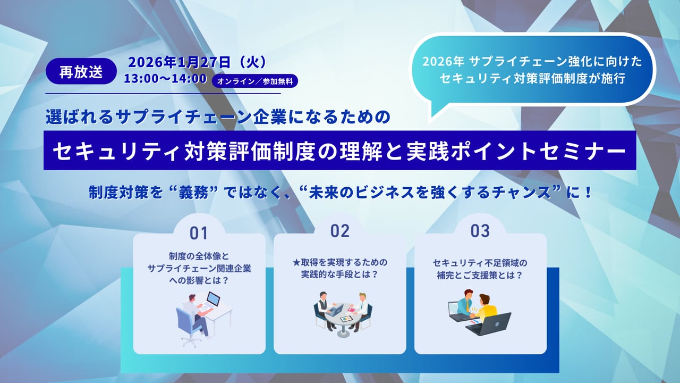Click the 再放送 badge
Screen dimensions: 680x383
[81, 71]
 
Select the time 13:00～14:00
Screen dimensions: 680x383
[165, 79]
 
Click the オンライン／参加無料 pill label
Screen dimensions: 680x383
[254, 81]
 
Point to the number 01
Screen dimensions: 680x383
[199, 234]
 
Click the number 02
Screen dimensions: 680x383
[340, 231]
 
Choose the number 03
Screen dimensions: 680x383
[480, 231]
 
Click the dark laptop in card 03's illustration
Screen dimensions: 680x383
[489, 324]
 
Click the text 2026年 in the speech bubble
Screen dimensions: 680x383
[443, 62]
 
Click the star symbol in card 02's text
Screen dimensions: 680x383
[296, 262]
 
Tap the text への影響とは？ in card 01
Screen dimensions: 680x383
[199, 280]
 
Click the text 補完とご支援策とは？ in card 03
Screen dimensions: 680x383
[480, 276]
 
